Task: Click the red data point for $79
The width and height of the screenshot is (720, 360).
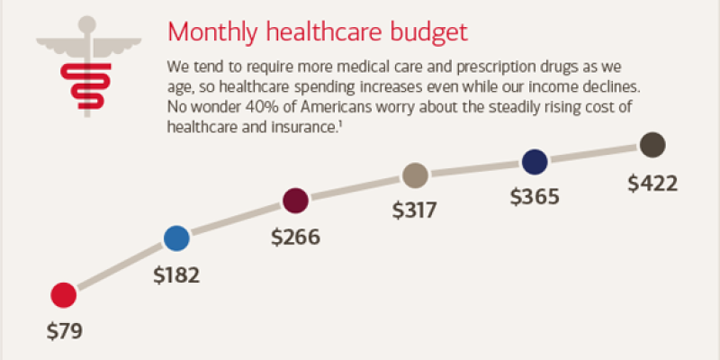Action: coord(63,294)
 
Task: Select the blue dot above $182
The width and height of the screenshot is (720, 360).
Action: coord(176,238)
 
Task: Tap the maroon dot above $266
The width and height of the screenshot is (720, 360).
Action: coord(296,200)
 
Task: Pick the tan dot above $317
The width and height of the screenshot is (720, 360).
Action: coord(414,175)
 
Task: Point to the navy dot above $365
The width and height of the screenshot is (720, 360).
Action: coord(535,162)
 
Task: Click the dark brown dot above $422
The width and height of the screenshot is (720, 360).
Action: coord(652,144)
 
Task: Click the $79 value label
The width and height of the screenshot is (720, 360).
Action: coord(64,330)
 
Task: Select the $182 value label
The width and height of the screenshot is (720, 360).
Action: coord(176,274)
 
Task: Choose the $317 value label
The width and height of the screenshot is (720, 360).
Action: coord(414,211)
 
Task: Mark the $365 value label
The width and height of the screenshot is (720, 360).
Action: coord(535,197)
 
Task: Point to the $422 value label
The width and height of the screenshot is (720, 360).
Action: coord(652,183)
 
